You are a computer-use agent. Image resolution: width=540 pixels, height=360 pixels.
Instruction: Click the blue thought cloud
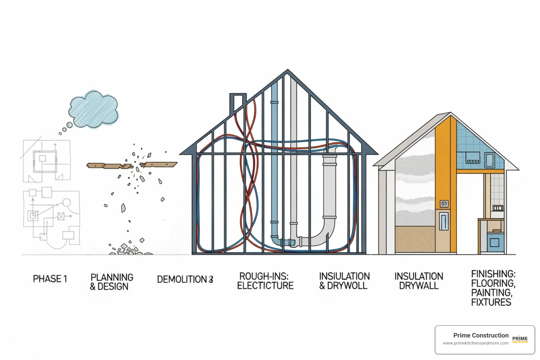[x=94, y=109]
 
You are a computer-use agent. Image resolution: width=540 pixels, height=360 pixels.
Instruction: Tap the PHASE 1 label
[x=50, y=279]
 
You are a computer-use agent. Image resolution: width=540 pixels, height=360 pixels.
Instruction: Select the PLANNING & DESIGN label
[x=111, y=282]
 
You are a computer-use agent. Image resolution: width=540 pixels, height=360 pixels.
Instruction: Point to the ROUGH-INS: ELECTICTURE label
[x=265, y=281]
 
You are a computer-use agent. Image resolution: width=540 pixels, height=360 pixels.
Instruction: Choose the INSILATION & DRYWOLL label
[x=344, y=281]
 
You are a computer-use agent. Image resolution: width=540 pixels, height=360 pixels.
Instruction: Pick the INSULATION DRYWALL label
[x=419, y=281]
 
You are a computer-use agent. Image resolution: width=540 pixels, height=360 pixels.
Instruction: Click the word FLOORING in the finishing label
[x=493, y=283]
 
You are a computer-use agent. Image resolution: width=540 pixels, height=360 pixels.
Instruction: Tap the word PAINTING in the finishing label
[x=491, y=293]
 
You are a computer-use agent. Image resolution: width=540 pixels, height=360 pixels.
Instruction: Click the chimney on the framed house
[x=238, y=102]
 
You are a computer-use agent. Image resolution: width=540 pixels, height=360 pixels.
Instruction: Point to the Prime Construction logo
[x=520, y=339]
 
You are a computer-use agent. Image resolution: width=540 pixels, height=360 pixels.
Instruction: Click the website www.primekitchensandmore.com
[x=475, y=343]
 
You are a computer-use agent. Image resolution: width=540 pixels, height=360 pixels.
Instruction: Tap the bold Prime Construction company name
[x=481, y=335]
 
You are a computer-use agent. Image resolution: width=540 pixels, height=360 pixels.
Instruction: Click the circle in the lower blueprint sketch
[x=66, y=203]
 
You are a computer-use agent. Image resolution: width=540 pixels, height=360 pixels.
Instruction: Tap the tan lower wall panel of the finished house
[x=415, y=239]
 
